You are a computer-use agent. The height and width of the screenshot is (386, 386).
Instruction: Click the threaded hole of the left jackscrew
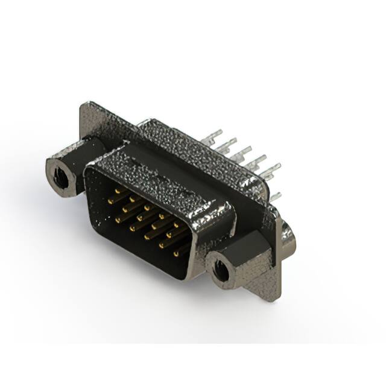coord(59,176)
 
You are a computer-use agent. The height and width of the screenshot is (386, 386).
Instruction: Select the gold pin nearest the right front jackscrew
coord(179,253)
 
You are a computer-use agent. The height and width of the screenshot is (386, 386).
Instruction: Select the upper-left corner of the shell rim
coord(89,169)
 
